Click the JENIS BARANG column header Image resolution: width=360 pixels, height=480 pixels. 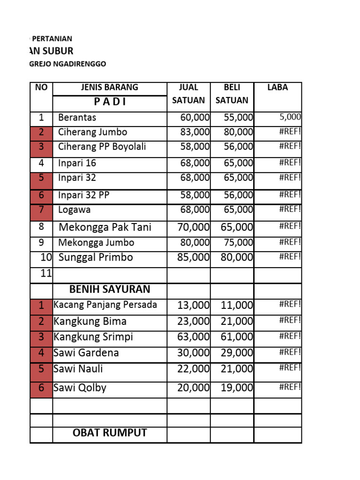tap(109, 87)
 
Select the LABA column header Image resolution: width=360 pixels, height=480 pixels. tap(277, 87)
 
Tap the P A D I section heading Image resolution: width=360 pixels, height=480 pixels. tap(109, 102)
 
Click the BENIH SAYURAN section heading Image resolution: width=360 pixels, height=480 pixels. tap(110, 288)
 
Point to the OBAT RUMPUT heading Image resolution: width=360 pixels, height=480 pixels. tap(110, 433)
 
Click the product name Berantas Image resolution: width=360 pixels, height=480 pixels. tap(77, 118)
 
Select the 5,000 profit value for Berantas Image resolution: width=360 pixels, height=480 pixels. tap(291, 117)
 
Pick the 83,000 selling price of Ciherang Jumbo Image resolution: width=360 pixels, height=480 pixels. tap(195, 132)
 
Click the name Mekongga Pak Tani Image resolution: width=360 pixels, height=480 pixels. tap(105, 228)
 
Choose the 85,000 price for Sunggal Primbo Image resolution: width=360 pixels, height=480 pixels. tap(194, 257)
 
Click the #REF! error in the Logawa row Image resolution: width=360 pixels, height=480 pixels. tap(290, 209)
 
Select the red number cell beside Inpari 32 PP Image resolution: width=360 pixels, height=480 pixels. tap(41, 195)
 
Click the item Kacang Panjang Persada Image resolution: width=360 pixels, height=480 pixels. tap(105, 305)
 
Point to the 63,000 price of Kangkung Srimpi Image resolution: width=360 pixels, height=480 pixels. tap(194, 337)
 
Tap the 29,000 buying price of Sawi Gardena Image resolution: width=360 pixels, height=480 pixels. tap(237, 353)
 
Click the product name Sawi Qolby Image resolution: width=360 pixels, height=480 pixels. tap(80, 388)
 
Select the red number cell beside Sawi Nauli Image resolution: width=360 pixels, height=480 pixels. tap(41, 369)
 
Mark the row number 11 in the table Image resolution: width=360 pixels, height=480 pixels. tap(45, 274)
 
